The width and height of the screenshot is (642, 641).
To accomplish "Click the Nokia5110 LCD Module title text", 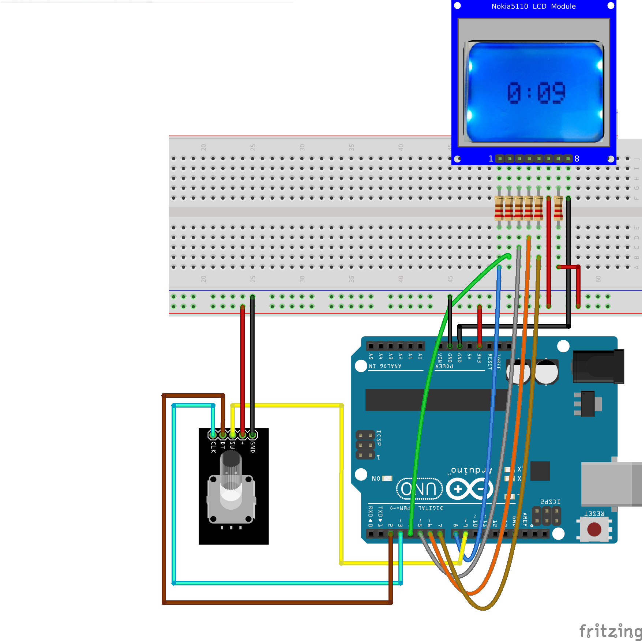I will [533, 6].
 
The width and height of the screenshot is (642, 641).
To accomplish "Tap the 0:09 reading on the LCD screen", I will [536, 93].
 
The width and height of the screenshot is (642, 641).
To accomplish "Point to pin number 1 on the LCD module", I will [491, 159].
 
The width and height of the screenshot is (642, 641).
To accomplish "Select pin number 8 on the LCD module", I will [577, 159].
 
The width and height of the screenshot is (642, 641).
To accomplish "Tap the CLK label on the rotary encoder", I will [213, 447].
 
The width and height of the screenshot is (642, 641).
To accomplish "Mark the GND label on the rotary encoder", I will [252, 447].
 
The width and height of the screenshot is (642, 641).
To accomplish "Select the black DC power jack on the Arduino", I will [598, 367].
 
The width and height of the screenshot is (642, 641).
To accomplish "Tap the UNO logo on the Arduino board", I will [420, 489].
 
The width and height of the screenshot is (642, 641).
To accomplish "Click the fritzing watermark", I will [610, 631].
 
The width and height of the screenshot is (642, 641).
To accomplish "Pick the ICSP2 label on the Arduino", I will [550, 502].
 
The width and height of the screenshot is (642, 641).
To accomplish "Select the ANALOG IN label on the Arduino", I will [385, 366].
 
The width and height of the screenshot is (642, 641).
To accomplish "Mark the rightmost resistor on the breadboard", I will [558, 208].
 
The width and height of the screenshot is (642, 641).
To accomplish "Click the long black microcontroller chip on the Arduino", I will [435, 400].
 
